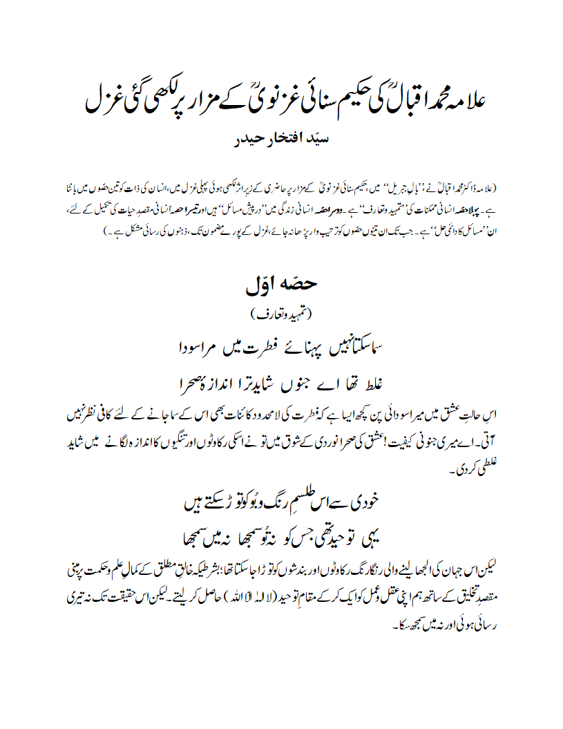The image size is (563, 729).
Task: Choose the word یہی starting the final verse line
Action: click(371, 534)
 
